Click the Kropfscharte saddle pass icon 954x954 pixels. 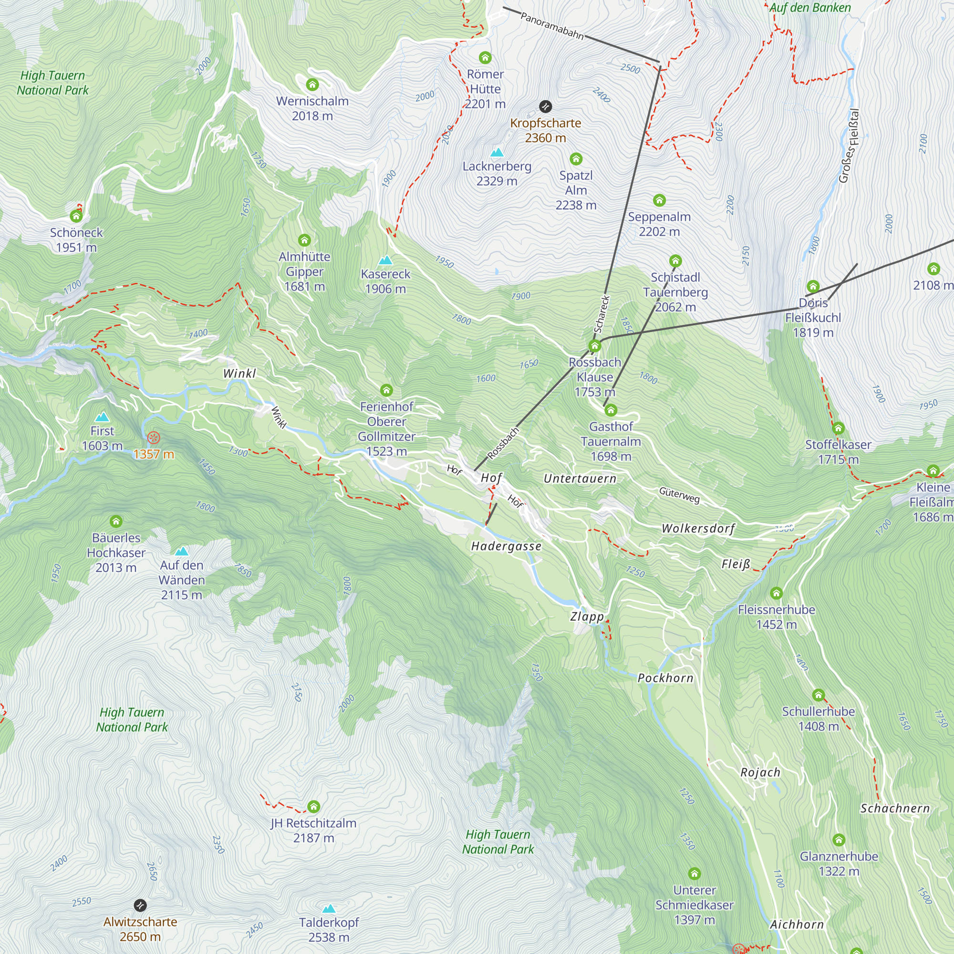(x=545, y=106)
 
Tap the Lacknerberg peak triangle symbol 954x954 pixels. (x=497, y=153)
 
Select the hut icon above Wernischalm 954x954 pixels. (x=312, y=84)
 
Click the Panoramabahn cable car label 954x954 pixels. (x=552, y=26)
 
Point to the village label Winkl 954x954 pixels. (x=239, y=373)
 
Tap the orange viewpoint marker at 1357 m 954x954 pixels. (x=154, y=437)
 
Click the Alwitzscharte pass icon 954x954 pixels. (x=140, y=905)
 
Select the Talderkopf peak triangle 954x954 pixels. (x=329, y=909)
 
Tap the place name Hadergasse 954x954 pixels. (x=506, y=546)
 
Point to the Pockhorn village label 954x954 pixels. (x=665, y=678)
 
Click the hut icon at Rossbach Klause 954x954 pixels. (x=594, y=346)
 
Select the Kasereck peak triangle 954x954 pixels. (x=385, y=260)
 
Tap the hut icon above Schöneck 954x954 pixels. (x=76, y=216)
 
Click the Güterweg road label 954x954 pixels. (x=679, y=494)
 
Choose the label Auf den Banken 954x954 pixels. (x=810, y=8)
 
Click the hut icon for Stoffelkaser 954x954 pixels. (x=838, y=428)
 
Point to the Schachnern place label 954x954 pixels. (x=895, y=809)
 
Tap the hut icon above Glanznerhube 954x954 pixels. (x=839, y=840)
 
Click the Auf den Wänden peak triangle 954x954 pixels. (x=181, y=551)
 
